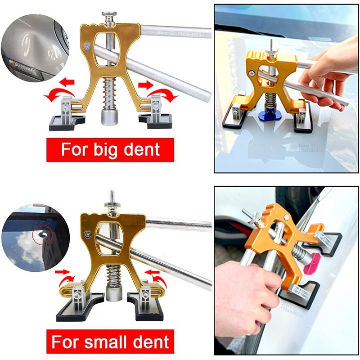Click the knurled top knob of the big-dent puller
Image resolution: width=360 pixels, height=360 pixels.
[108, 17]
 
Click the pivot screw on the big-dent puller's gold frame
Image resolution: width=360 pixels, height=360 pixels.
[86, 45]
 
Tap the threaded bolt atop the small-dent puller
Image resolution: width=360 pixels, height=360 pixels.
[111, 198]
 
